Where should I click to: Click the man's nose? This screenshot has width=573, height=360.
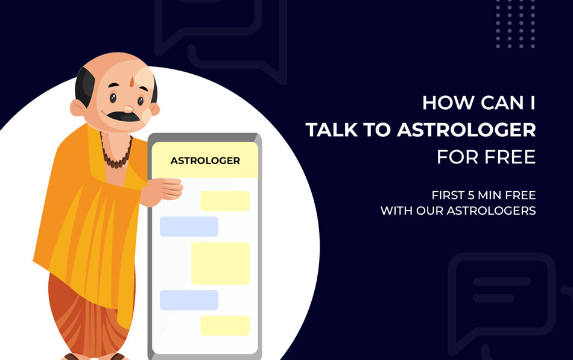(128, 109)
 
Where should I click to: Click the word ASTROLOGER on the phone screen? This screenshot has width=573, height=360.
(205, 161)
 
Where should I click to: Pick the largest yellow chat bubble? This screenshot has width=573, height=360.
(220, 263)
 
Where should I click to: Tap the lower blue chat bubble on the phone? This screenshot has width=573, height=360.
(189, 300)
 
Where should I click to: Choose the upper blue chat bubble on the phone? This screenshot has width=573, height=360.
(189, 226)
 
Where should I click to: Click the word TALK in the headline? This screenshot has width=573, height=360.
(332, 130)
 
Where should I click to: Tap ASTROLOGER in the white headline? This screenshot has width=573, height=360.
(466, 130)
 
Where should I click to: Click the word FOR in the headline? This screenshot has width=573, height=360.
(457, 157)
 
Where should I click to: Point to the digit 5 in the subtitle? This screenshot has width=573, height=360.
(471, 195)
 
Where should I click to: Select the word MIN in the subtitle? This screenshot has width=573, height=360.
(490, 195)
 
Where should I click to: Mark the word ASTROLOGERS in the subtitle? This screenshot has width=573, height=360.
(491, 210)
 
